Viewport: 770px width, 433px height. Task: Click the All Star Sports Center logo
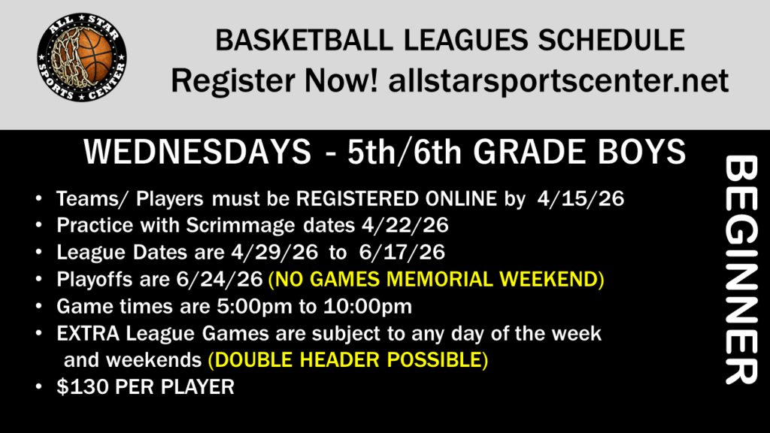point(81,57)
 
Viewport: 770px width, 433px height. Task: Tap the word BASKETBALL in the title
point(304,41)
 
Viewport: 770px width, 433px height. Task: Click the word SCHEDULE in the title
point(611,41)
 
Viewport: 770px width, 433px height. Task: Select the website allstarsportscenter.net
point(559,80)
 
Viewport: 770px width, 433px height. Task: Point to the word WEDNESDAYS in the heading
point(198,151)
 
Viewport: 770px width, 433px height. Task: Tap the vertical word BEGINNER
point(741,270)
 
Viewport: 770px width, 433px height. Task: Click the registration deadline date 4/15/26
point(581,198)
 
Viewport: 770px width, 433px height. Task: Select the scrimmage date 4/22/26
point(405,226)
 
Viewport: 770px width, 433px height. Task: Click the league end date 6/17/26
point(402,253)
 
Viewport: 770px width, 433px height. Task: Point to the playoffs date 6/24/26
point(219,280)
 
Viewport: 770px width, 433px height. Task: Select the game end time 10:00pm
point(367,307)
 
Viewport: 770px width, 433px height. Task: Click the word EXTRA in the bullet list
point(88,334)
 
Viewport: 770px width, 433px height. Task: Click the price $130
point(83,387)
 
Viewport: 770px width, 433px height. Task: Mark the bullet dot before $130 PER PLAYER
point(39,387)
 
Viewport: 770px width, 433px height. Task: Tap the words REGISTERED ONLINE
point(396,198)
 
